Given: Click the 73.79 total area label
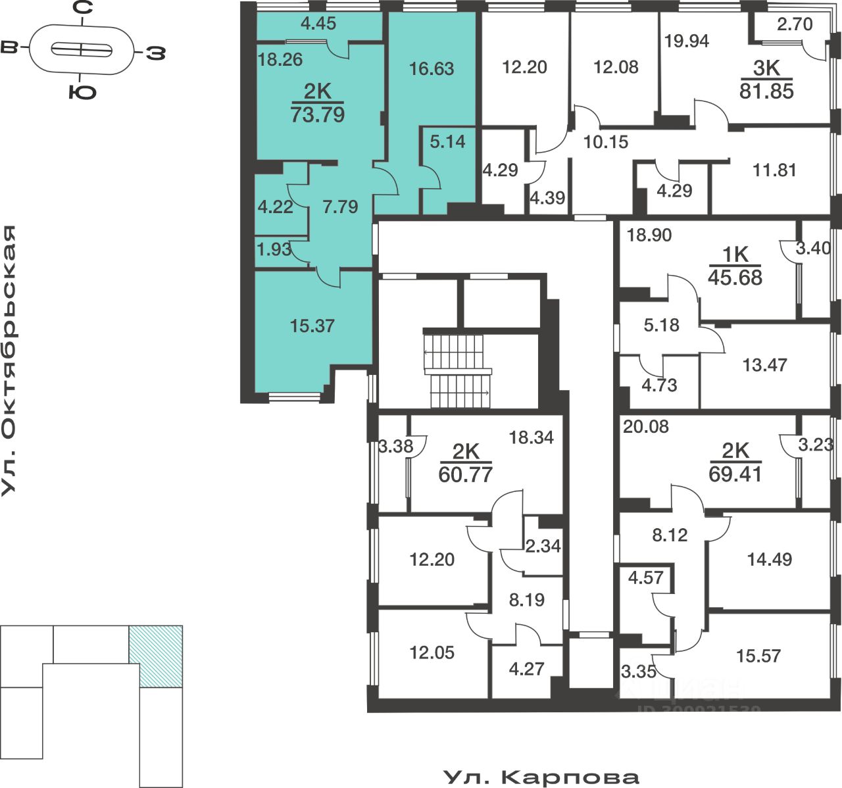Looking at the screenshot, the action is (x=317, y=115).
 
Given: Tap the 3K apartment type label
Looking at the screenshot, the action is (x=766, y=68).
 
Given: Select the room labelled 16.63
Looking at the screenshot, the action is (x=432, y=68).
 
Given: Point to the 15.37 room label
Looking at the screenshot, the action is (x=312, y=326).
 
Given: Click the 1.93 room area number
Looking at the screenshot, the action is (x=274, y=249).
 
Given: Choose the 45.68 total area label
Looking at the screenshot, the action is (x=735, y=278).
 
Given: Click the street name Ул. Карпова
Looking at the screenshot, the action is (x=541, y=777).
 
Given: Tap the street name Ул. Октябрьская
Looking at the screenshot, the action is (x=9, y=360).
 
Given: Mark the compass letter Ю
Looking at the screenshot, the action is (x=82, y=92).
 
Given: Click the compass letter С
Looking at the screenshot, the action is (x=82, y=9).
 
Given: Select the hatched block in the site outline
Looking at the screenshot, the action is (x=156, y=656).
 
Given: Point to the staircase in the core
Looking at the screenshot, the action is (x=458, y=371).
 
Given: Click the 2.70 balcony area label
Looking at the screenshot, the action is (x=795, y=24).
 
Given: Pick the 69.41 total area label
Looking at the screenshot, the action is (x=735, y=474).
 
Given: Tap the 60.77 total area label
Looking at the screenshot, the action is (x=465, y=474).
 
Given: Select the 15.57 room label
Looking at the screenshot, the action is (x=758, y=656).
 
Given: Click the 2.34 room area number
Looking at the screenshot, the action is (x=543, y=545).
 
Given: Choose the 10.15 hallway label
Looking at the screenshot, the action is (x=606, y=141).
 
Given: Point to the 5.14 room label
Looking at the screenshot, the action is (x=447, y=141).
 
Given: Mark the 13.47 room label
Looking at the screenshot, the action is (x=764, y=364).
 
